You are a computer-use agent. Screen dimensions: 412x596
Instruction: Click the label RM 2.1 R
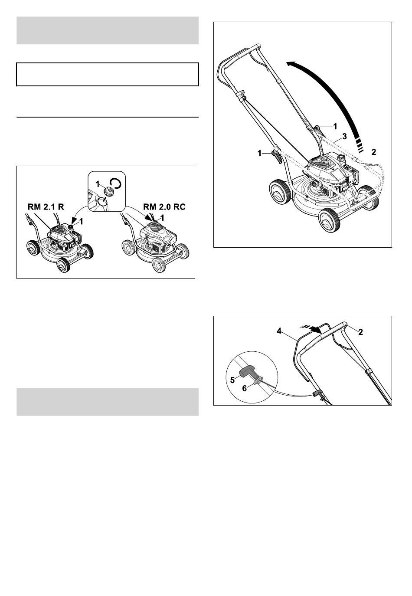tap(46, 207)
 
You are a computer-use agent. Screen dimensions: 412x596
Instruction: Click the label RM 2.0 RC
tap(164, 207)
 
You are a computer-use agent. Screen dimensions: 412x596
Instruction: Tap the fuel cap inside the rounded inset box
tap(108, 190)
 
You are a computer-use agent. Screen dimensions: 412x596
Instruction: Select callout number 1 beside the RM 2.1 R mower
tap(82, 221)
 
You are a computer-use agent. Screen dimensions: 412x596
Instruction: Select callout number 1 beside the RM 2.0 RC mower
tap(162, 218)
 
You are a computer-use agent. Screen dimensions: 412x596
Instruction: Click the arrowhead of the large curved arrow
tap(292, 64)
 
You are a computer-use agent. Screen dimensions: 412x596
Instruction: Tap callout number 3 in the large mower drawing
tap(344, 137)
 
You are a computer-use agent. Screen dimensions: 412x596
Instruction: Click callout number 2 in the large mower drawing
tap(374, 152)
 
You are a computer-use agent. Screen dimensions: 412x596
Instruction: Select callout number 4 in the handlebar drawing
tap(279, 331)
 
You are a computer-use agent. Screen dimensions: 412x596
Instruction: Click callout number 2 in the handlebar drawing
tap(360, 332)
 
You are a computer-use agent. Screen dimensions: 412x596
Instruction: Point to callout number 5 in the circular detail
tap(232, 380)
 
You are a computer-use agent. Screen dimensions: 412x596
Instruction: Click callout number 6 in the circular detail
tap(245, 389)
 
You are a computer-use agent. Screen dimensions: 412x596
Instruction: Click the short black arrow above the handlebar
tap(314, 330)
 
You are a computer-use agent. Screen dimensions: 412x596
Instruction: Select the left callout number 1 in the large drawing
tap(260, 154)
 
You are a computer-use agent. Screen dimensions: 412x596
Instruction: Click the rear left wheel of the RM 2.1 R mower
tap(32, 247)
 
